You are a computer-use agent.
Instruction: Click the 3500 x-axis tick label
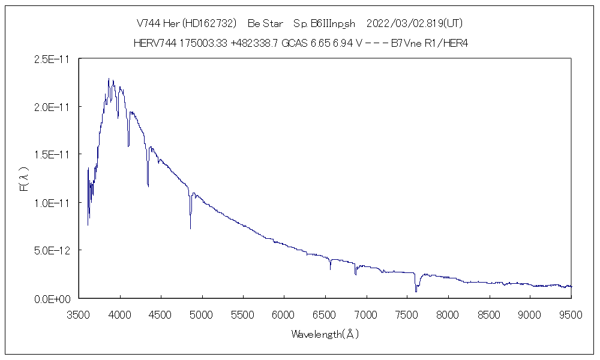tap(79, 313)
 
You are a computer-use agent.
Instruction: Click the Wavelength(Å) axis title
tap(325, 334)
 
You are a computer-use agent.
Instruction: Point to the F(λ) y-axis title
tap(25, 179)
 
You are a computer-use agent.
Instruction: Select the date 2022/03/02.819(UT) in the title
tap(414, 23)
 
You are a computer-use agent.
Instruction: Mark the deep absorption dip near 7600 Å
tap(415, 291)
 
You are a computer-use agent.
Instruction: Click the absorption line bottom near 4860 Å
tap(191, 228)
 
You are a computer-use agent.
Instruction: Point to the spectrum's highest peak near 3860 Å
tap(109, 78)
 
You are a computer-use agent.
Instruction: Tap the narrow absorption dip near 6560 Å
tap(330, 269)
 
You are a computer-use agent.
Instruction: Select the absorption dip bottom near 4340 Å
tap(148, 187)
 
